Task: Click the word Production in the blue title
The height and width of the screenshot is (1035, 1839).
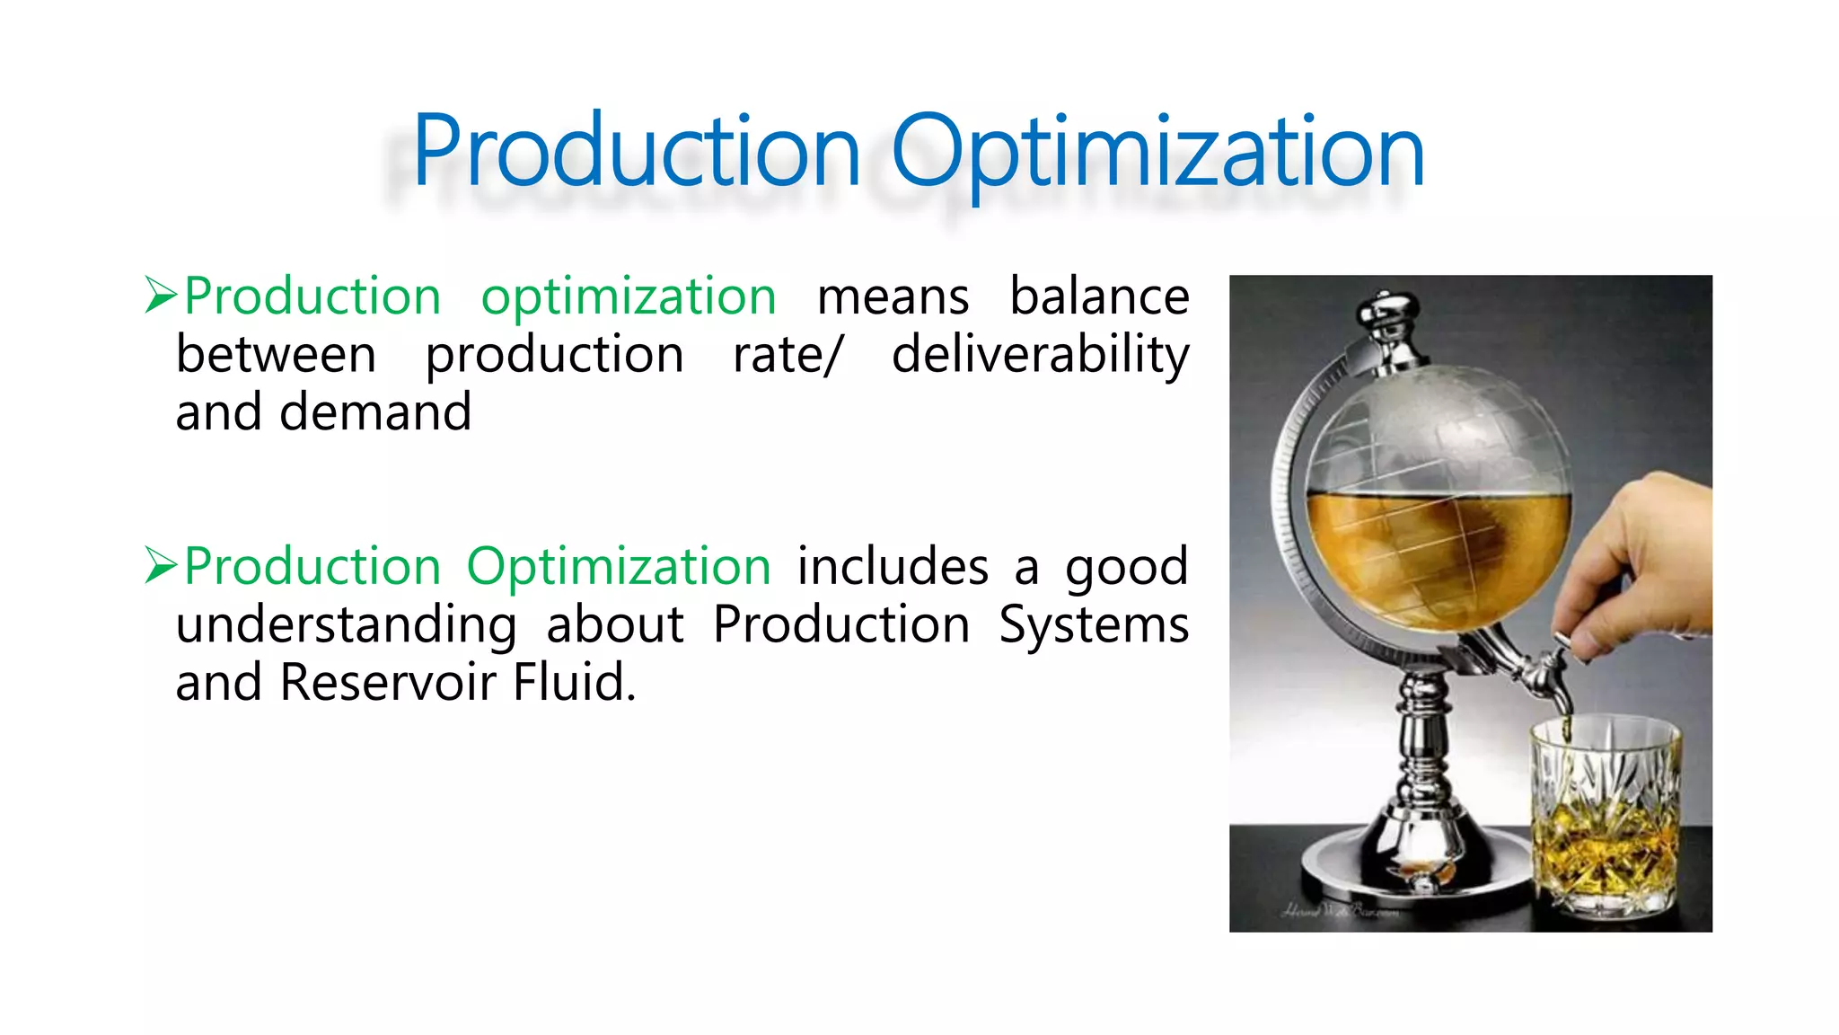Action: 636,151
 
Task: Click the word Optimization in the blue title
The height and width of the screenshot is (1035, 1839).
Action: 1157,151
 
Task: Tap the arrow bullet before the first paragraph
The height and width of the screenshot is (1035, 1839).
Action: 161,296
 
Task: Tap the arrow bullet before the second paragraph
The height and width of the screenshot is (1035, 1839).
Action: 161,566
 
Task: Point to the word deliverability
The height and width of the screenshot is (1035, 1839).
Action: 1040,354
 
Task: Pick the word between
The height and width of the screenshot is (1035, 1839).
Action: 276,354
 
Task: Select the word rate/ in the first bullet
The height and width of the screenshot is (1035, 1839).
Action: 788,354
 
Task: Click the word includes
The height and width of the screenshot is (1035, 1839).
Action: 893,567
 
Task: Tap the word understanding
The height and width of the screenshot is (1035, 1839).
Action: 346,625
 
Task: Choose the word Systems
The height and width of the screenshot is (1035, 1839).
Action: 1094,625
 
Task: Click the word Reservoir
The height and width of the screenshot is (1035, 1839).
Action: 388,683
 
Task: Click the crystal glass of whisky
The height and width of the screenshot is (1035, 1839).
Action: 1604,818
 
